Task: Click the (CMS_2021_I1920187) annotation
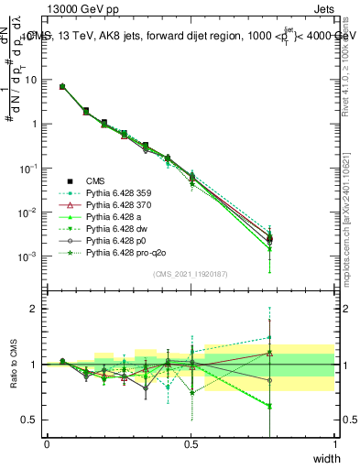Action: click(191, 274)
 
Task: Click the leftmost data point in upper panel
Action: click(61, 86)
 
